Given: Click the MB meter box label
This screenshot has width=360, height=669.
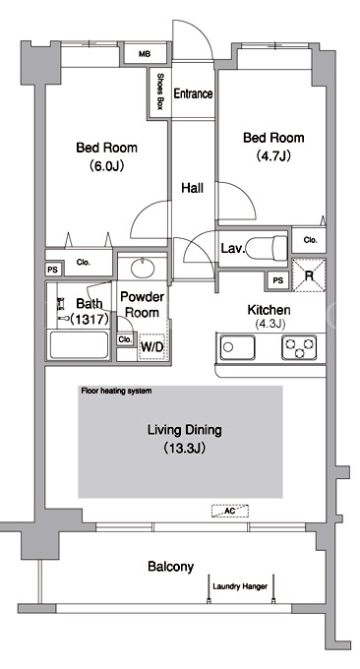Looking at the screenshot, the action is [x=145, y=54].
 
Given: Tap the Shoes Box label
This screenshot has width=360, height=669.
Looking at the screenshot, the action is [x=160, y=91].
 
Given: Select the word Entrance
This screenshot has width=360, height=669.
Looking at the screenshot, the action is [x=193, y=93].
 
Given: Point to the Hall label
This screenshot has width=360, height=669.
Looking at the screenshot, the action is [x=193, y=188].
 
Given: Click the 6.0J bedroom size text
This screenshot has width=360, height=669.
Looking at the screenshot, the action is [x=106, y=165].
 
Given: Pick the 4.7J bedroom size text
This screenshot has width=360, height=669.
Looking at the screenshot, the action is [x=273, y=155].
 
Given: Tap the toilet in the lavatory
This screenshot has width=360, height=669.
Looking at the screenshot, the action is [x=267, y=247].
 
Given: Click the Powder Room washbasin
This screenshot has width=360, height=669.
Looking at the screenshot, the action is [x=144, y=269].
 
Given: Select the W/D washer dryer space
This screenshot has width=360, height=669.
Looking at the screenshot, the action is [x=152, y=347].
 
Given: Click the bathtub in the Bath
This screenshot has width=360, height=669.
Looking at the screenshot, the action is [x=79, y=344].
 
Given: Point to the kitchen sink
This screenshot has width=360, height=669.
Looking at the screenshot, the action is [x=238, y=347].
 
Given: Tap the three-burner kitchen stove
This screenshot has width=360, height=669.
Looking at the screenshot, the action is [x=299, y=347].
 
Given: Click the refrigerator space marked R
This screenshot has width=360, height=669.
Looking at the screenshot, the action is [x=309, y=275].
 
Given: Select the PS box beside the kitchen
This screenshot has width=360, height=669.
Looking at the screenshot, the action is [x=278, y=280].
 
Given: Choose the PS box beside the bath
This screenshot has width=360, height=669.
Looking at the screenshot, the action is [x=53, y=270].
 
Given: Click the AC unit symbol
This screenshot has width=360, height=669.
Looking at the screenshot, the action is [x=230, y=511].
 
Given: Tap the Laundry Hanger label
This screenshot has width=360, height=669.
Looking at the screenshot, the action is [x=240, y=586].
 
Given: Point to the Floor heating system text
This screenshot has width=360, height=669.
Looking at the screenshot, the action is [x=116, y=391].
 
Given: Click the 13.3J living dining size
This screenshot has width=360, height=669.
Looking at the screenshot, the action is [x=185, y=449].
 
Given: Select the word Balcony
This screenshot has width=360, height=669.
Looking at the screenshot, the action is [x=170, y=567].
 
